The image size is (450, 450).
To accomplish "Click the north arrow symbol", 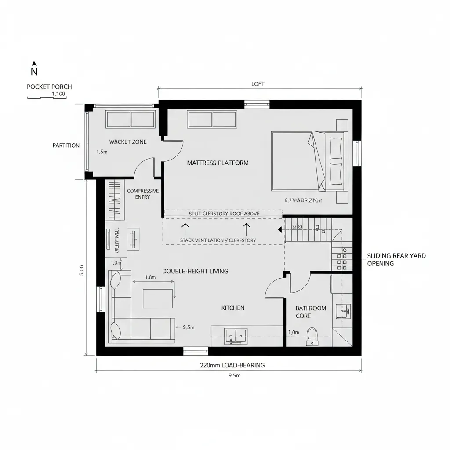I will click(x=34, y=69).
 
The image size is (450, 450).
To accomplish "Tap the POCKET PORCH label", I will click(x=49, y=87).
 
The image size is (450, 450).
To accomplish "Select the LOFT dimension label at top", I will click(x=258, y=84).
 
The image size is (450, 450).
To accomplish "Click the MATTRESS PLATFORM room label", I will click(x=218, y=163).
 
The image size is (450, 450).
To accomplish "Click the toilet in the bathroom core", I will click(x=312, y=336).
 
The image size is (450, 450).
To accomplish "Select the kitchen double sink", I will click(x=236, y=336).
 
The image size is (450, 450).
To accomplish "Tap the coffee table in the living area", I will click(x=158, y=298).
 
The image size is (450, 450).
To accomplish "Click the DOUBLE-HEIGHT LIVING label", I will click(x=195, y=271).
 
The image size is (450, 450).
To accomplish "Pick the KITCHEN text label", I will click(x=233, y=308).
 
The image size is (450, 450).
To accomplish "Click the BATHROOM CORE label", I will click(x=311, y=312).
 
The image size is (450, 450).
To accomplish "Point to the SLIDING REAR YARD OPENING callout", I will click(x=396, y=260).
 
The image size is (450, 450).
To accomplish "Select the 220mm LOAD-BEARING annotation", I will click(x=232, y=365).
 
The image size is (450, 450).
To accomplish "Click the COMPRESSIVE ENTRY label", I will click(x=143, y=194).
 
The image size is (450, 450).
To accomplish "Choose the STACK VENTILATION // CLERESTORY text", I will click(x=218, y=240).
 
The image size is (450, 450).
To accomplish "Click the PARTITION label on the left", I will click(x=66, y=145).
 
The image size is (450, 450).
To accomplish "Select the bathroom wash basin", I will click(x=343, y=311).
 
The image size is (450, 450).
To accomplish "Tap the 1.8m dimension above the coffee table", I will click(x=150, y=277).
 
